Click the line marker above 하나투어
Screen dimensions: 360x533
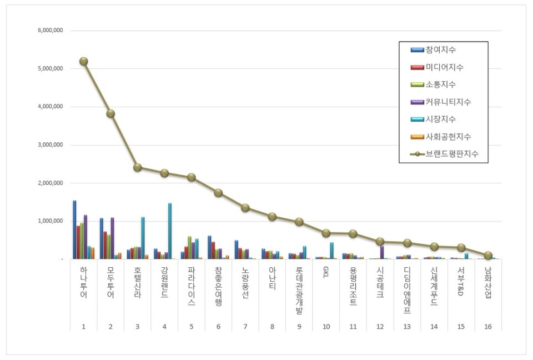tap(83, 61)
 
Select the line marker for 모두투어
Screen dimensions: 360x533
tap(110, 113)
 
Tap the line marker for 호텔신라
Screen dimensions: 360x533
tap(138, 167)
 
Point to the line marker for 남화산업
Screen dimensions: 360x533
tap(488, 256)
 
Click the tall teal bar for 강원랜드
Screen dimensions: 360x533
tap(170, 231)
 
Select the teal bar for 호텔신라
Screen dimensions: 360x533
tap(143, 238)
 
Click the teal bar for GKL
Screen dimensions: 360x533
tap(331, 251)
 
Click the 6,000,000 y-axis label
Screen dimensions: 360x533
tap(50, 31)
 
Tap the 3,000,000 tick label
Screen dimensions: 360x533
tap(50, 145)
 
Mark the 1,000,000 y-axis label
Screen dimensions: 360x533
tap(50, 221)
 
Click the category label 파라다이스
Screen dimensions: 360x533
tap(192, 287)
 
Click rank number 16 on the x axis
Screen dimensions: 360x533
tap(488, 327)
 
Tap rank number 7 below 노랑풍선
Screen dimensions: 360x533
tap(245, 327)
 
